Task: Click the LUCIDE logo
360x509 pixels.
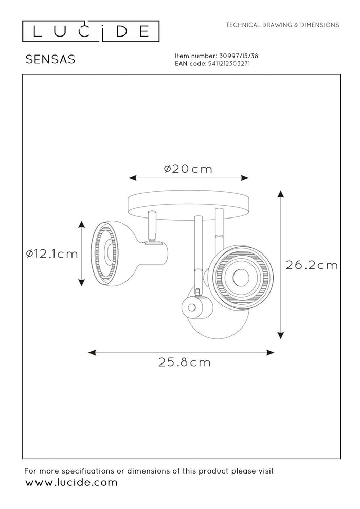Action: [x=91, y=31]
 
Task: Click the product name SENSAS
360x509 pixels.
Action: [x=50, y=59]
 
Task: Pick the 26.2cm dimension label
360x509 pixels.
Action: [x=312, y=265]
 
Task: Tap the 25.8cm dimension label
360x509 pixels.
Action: [x=185, y=362]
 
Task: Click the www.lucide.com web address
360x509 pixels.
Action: [x=71, y=482]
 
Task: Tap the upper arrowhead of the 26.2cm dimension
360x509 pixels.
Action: [x=280, y=194]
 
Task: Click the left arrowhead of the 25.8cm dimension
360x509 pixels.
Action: [x=92, y=353]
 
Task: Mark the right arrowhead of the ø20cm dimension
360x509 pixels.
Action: [x=245, y=178]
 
